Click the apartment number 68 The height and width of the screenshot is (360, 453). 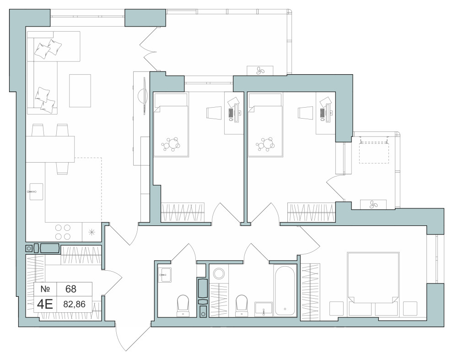(71, 289)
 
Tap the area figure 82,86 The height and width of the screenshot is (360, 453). (74, 304)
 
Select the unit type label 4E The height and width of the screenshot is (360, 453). (45, 304)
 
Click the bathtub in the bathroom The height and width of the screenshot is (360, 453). (285, 290)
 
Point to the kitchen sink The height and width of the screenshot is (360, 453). (36, 191)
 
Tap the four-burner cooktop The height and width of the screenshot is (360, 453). (63, 232)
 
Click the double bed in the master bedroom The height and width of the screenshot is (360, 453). (373, 278)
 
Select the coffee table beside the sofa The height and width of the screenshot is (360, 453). (80, 91)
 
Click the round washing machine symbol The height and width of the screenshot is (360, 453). (219, 273)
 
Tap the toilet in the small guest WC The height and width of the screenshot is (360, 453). (183, 305)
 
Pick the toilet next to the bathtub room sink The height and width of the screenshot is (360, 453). (241, 305)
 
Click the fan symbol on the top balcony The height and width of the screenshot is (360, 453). (260, 71)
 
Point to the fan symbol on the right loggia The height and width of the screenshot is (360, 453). (373, 204)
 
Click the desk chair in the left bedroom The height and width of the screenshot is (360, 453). (214, 113)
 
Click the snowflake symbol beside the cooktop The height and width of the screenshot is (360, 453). (92, 232)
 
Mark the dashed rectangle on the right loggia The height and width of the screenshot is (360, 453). (374, 152)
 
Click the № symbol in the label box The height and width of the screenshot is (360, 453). (45, 289)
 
